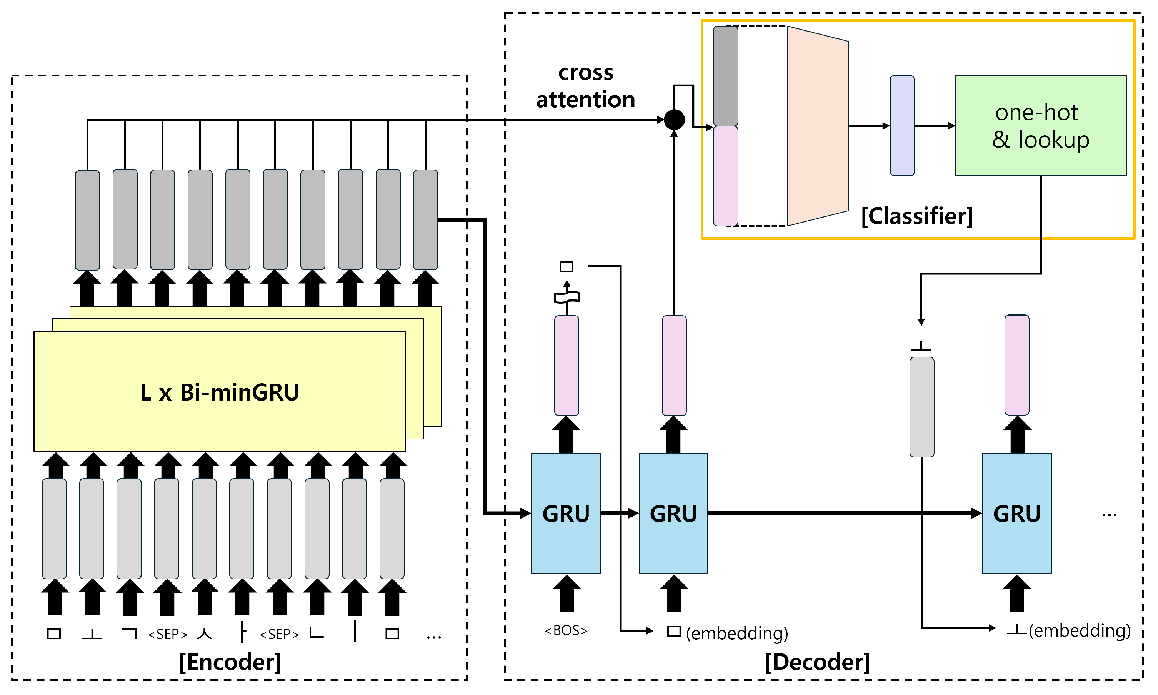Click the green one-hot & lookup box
click(1040, 126)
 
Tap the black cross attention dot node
click(674, 120)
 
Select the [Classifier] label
click(917, 216)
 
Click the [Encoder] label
click(230, 662)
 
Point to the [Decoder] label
click(817, 662)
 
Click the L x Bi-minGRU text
click(219, 392)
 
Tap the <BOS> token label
click(565, 630)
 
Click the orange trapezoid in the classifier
click(817, 126)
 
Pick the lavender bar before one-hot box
click(902, 126)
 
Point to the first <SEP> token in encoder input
click(167, 634)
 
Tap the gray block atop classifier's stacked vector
click(725, 76)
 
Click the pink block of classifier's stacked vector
click(725, 176)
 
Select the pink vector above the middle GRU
click(674, 365)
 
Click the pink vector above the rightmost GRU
click(1016, 365)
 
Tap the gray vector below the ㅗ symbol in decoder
click(921, 407)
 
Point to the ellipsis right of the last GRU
click(1109, 515)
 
